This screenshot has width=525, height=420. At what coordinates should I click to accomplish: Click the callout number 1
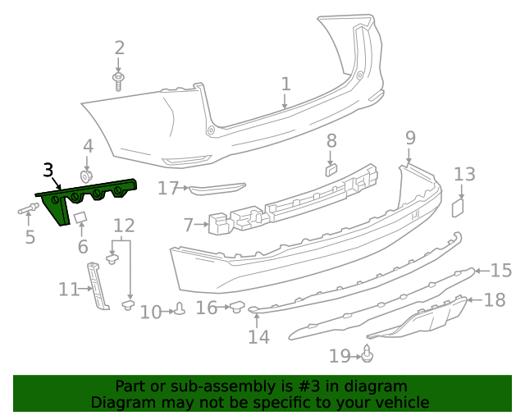285,84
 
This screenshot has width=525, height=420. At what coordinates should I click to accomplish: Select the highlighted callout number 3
48,171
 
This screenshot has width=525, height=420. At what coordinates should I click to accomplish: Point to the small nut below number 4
86,176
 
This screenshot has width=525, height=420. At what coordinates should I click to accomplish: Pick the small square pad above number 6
80,217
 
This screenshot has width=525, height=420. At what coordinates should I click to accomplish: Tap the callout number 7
189,223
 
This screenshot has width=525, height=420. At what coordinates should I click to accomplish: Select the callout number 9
410,138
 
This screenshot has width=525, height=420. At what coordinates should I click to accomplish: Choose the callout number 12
124,225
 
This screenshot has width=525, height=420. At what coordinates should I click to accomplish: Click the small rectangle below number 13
458,207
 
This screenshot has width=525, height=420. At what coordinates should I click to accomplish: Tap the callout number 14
258,336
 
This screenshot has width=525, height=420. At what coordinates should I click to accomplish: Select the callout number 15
500,269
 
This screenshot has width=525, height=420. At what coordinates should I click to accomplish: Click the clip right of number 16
237,307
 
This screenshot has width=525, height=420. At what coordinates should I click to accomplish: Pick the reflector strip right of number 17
217,189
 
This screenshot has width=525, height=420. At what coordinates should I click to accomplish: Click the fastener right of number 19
368,354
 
